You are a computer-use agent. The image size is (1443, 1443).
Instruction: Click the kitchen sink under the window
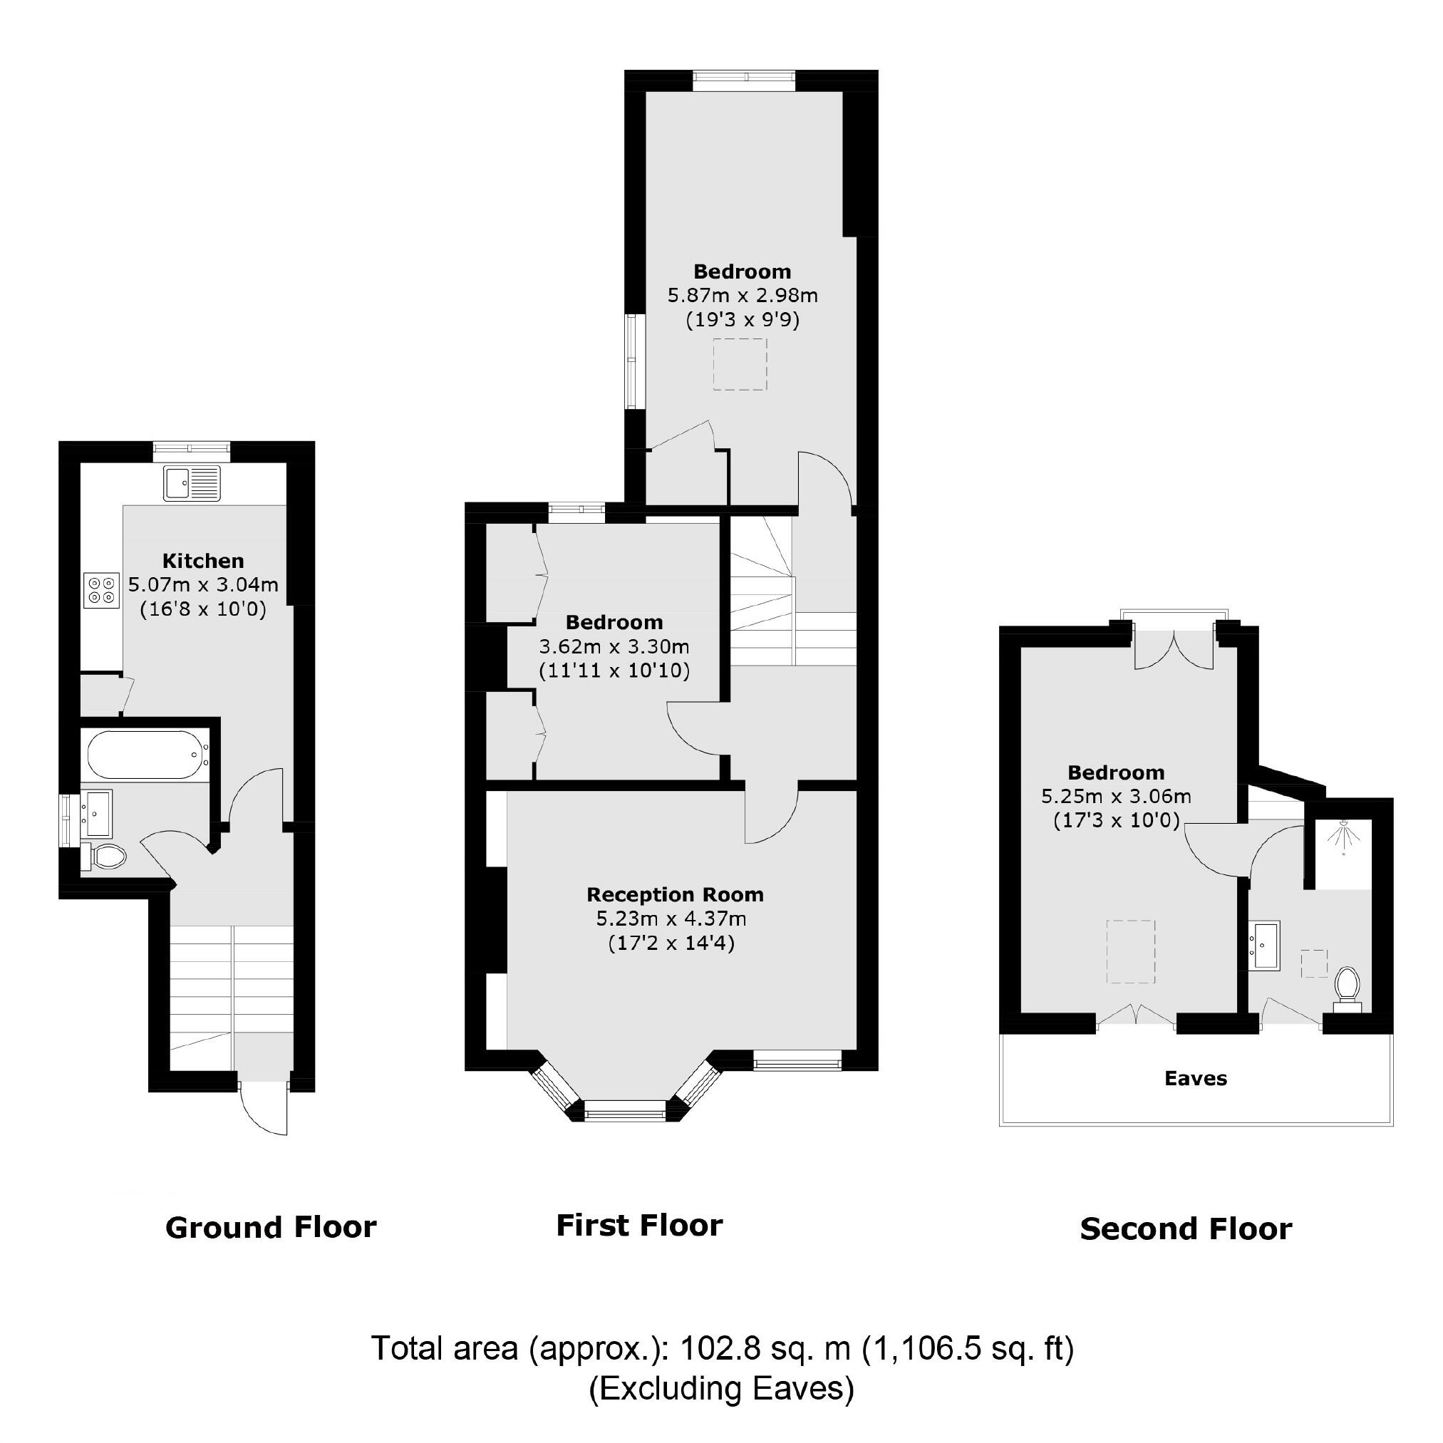[x=192, y=484]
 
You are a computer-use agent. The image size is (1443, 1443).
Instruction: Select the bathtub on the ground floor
[x=144, y=755]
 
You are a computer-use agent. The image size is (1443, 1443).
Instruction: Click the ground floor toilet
[x=103, y=857]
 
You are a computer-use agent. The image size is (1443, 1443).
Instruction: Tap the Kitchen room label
[x=203, y=561]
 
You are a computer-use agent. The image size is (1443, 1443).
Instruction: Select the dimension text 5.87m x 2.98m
[x=743, y=295]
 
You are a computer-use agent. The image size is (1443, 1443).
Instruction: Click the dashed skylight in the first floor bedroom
[x=740, y=364]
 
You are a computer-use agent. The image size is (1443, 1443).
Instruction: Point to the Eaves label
[x=1195, y=1079]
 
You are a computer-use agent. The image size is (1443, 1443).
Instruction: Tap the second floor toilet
[x=1347, y=988]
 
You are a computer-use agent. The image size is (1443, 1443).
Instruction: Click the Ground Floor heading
[x=270, y=1228]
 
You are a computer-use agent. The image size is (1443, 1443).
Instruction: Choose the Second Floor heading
[x=1185, y=1229]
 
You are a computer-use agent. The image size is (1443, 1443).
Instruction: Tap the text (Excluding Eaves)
[x=720, y=1387]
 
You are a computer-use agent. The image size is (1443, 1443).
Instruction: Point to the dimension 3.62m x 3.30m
[x=614, y=646]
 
